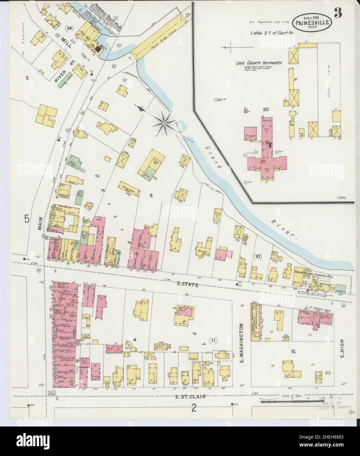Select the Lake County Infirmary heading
pyautogui.click(x=259, y=62)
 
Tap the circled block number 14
pyautogui.click(x=69, y=28)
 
